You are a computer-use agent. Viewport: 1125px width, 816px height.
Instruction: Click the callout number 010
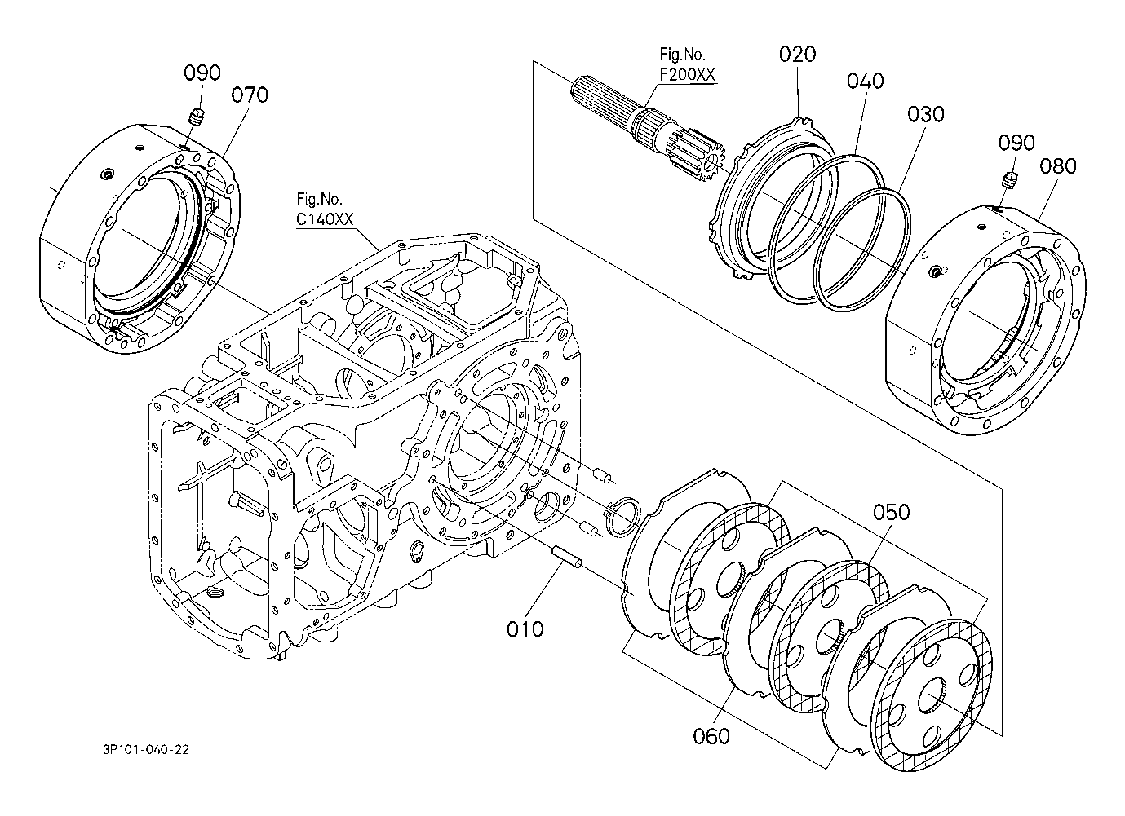pyautogui.click(x=525, y=629)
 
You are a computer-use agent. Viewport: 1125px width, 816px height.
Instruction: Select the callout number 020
pyautogui.click(x=798, y=54)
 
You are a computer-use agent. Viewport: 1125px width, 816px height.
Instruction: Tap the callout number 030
pyautogui.click(x=926, y=114)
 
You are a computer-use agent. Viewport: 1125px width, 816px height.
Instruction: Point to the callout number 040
pyautogui.click(x=866, y=81)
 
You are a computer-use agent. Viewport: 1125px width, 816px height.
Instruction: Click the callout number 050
pyautogui.click(x=892, y=512)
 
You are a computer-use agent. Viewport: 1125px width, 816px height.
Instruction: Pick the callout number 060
pyautogui.click(x=711, y=736)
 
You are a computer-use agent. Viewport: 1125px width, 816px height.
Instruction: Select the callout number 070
pyautogui.click(x=250, y=95)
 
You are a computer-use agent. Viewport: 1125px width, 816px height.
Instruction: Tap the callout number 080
pyautogui.click(x=1058, y=166)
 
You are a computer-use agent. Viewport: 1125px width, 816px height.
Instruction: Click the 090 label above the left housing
pyautogui.click(x=202, y=73)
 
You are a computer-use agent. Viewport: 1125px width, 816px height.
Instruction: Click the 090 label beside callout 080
pyautogui.click(x=1016, y=143)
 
